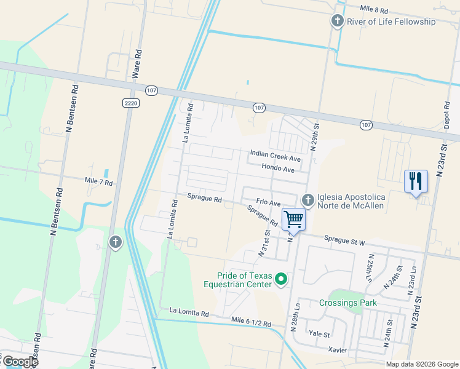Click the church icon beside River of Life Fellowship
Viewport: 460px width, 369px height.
pos(337,22)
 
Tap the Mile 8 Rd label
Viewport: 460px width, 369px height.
pos(375,10)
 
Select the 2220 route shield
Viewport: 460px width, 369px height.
pos(130,103)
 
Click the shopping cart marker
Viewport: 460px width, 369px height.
pos(293,220)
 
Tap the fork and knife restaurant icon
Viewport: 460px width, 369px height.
pos(416,181)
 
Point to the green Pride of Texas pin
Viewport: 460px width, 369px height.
pos(281,280)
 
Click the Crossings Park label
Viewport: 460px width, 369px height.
pos(347,303)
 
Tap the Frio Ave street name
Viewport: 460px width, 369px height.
pos(268,202)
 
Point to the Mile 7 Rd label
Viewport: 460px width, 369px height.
pos(98,183)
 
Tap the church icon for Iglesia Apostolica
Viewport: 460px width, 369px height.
pos(307,200)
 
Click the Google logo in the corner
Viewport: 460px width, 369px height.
pos(20,361)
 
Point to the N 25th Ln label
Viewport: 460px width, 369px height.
pos(370,268)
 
